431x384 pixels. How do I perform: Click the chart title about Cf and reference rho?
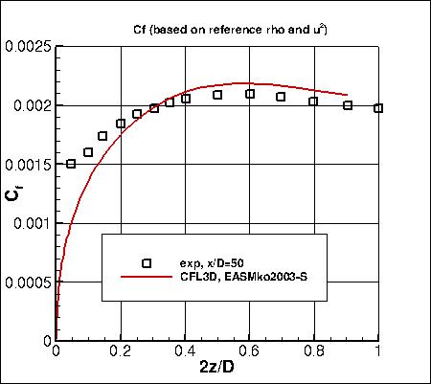click(x=217, y=27)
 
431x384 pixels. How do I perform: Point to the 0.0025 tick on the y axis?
click(x=28, y=46)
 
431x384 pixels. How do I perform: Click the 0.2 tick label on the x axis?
click(x=121, y=352)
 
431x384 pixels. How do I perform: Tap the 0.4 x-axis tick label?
click(x=185, y=352)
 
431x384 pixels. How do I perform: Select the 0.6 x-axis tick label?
click(x=249, y=352)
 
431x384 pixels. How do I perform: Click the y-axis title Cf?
click(x=11, y=194)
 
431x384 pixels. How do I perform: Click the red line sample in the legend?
click(x=147, y=277)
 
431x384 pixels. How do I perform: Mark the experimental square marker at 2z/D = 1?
click(x=378, y=108)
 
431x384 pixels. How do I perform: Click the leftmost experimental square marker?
click(x=72, y=164)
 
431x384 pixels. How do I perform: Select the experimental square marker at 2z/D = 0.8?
click(x=314, y=102)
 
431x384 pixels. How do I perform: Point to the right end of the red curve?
click(x=347, y=94)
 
